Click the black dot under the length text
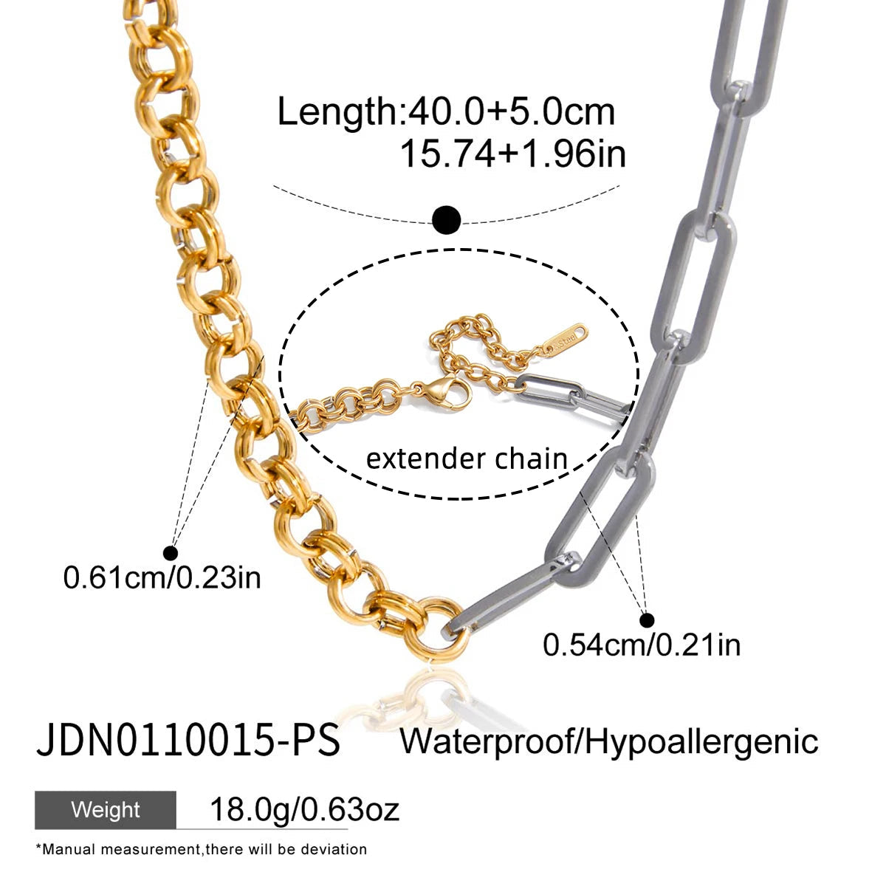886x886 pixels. [x=446, y=220]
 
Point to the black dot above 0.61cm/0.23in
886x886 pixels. [x=171, y=553]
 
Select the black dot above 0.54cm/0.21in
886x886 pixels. [x=647, y=620]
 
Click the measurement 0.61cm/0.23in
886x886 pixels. [x=162, y=578]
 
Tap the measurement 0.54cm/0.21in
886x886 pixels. [x=642, y=645]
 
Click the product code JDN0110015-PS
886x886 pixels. [x=188, y=740]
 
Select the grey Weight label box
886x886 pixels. [x=106, y=810]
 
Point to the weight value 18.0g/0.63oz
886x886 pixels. [x=304, y=810]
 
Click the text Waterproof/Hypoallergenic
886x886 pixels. [x=609, y=741]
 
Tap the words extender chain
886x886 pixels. [x=467, y=459]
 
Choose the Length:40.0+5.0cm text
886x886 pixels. [x=446, y=111]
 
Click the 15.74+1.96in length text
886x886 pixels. [x=512, y=154]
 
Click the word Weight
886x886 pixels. [x=106, y=810]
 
